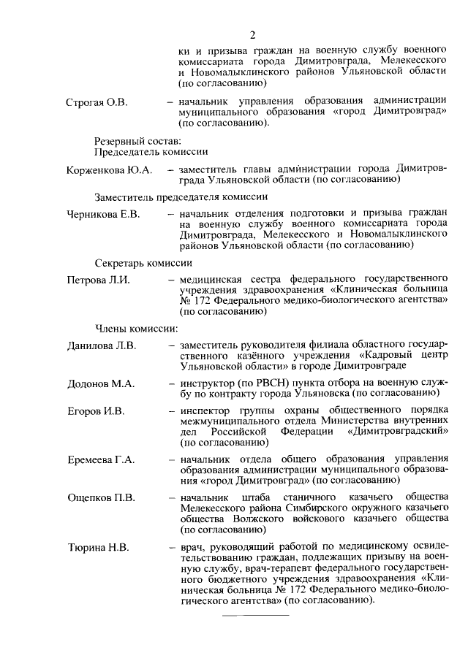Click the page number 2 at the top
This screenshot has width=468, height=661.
252,34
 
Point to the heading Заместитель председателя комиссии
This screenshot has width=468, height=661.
181,196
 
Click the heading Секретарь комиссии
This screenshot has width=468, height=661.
143,262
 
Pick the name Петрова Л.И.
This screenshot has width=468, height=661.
98,280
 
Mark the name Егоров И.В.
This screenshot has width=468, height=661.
96,411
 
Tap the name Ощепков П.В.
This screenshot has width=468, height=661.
101,498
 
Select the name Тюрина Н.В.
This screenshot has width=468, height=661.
98,546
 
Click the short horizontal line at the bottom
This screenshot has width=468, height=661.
250,614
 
